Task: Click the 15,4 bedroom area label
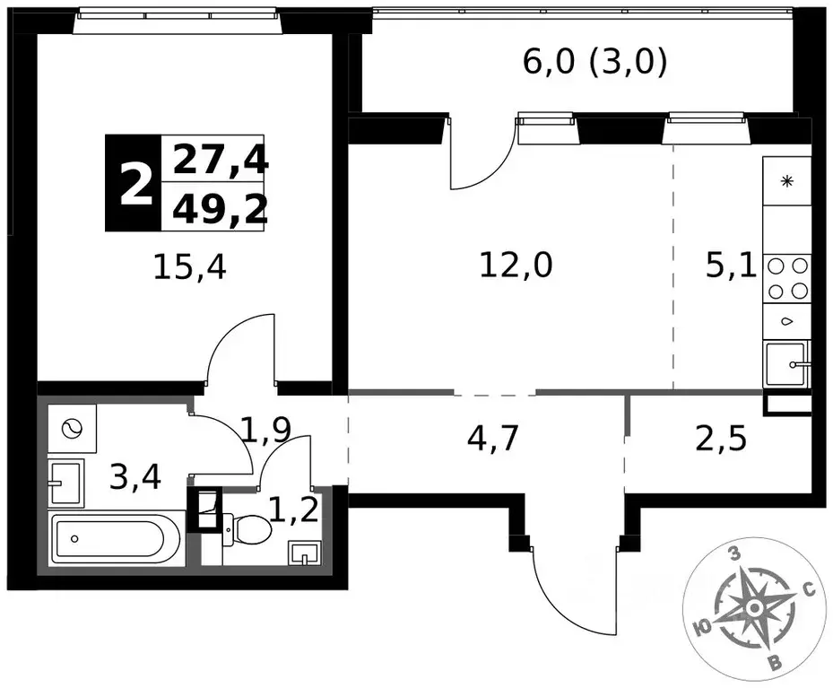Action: (x=190, y=267)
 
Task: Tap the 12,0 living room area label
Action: (x=516, y=265)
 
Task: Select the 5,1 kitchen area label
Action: (x=731, y=266)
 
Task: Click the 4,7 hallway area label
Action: (x=492, y=439)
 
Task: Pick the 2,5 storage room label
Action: (x=721, y=439)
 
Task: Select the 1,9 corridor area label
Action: (x=265, y=430)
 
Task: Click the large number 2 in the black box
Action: (x=136, y=183)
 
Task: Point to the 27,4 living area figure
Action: (x=220, y=160)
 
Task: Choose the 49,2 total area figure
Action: (x=220, y=208)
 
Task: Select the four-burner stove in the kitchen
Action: (x=787, y=278)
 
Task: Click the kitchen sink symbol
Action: (x=786, y=364)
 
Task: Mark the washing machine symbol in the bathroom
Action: (x=72, y=428)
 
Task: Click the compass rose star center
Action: (x=753, y=607)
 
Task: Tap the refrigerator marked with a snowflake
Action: (x=787, y=181)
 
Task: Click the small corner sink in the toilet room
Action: (x=304, y=553)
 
